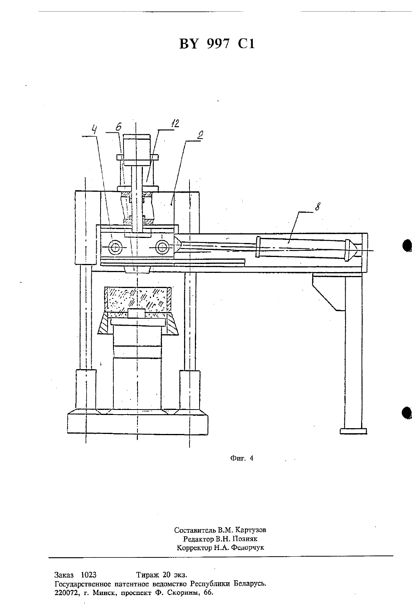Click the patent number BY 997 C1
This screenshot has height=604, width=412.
click(x=217, y=44)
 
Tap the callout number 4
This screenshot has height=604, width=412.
click(x=94, y=130)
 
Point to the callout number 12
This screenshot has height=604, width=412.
click(x=175, y=124)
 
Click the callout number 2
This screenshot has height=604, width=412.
click(x=200, y=135)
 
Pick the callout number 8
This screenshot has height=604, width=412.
click(x=318, y=207)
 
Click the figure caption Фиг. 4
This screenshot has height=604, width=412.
click(x=242, y=458)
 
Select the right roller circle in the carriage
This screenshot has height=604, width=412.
click(x=162, y=246)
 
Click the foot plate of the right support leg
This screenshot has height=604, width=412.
click(x=353, y=431)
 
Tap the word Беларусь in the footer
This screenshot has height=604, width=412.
click(x=250, y=584)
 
